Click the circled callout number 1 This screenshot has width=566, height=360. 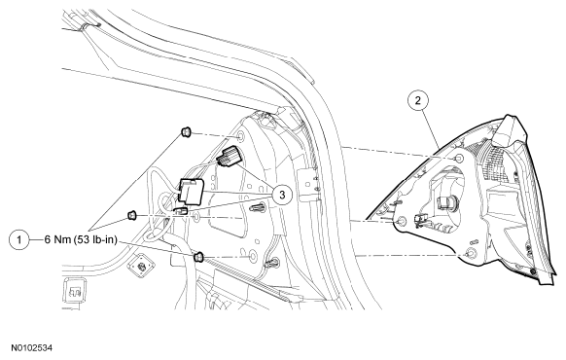pos(18,236)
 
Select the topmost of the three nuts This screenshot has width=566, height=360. pos(184,133)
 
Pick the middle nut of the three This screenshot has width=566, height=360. pos(132,212)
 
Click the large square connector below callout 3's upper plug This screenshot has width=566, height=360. pos(195,192)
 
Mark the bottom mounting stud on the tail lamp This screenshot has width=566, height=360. pos(471,255)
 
